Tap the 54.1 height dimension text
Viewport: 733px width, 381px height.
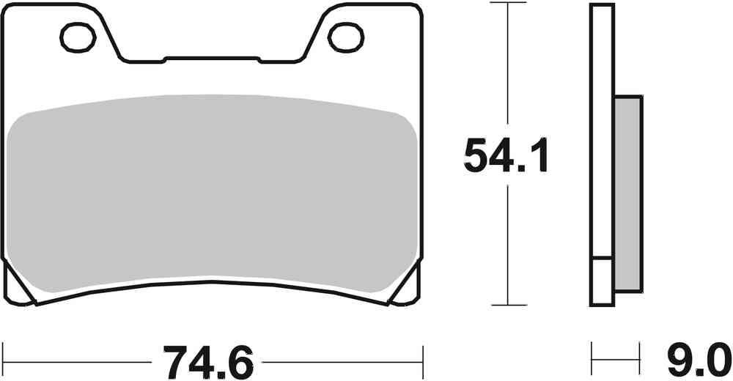coord(506,155)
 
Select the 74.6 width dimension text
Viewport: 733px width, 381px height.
coord(209,362)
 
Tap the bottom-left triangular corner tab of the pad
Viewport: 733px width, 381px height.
coord(20,286)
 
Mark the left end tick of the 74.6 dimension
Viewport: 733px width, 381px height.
coord(4,361)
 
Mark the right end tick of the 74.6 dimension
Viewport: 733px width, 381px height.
coord(422,361)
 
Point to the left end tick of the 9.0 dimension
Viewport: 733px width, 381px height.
coord(592,361)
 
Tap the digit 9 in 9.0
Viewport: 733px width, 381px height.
coord(677,362)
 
